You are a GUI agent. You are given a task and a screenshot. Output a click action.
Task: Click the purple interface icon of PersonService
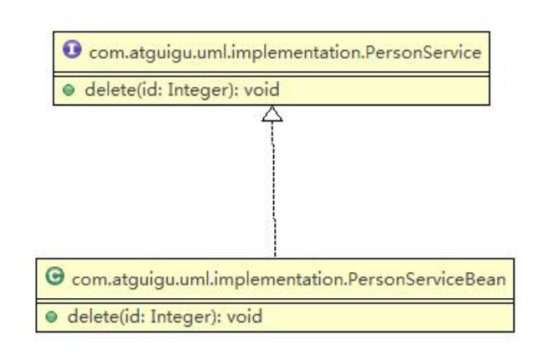click(72, 49)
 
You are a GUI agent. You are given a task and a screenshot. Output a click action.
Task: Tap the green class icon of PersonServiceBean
click(54, 276)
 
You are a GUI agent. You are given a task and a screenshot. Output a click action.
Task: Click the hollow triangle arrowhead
click(272, 114)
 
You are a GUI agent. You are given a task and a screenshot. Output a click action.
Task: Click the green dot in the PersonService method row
click(69, 90)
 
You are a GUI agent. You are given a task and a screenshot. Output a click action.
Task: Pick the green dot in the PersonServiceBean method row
click(51, 316)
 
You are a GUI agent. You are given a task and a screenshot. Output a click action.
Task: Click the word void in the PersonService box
click(261, 90)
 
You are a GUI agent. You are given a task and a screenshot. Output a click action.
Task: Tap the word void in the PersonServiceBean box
click(245, 316)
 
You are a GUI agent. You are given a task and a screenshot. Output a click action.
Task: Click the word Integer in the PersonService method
click(198, 90)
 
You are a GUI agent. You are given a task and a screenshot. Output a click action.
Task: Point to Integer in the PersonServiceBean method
click(181, 317)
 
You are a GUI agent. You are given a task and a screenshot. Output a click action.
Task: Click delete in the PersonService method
click(111, 90)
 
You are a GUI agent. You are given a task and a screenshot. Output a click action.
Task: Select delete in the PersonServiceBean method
click(94, 316)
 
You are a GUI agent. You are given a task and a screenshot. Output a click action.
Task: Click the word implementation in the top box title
click(297, 54)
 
